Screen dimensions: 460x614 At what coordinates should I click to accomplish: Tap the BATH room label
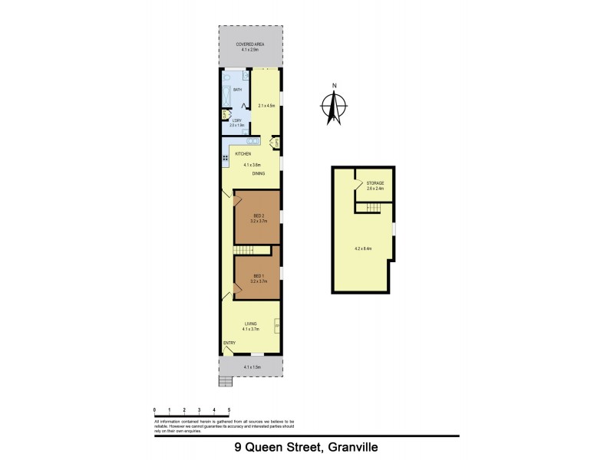click(237, 90)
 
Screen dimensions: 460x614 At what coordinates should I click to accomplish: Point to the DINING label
click(259, 174)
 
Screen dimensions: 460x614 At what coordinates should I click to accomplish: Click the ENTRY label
click(229, 343)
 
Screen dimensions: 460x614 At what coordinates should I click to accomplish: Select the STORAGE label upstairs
click(375, 182)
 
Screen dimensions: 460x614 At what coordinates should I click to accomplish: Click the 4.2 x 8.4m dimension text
click(362, 248)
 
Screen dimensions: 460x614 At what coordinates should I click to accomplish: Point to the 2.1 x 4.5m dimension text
click(266, 105)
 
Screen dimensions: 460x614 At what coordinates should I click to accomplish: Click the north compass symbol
click(333, 105)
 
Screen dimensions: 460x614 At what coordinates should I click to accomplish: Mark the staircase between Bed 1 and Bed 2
click(244, 252)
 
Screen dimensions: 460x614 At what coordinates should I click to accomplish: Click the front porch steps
click(225, 383)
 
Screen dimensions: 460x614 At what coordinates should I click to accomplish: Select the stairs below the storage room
click(373, 208)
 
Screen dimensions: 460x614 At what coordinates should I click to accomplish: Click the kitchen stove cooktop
click(226, 159)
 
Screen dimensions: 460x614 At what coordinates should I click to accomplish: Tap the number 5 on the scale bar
click(229, 410)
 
